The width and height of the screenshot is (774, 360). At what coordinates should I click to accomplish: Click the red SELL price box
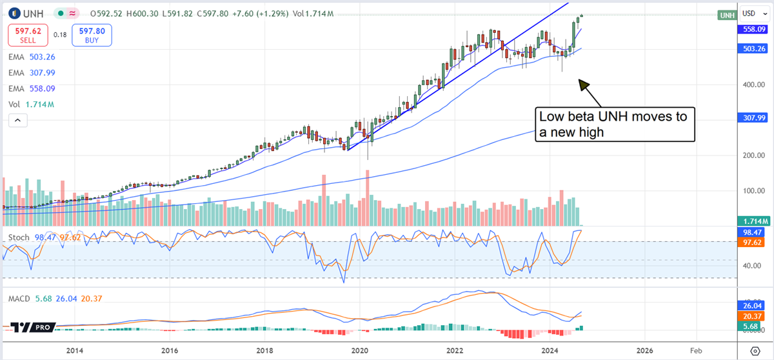pos(27,35)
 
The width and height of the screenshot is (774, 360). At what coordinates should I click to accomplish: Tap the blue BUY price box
pos(92,35)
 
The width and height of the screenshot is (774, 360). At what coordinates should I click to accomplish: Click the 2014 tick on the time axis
pos(75,350)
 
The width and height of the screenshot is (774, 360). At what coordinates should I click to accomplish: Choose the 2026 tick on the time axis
pos(645,350)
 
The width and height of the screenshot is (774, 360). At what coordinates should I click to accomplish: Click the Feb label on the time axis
pos(697,350)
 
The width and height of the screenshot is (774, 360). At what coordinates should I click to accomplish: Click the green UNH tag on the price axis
pos(727,15)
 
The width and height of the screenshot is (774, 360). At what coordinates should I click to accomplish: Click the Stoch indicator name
pos(17,237)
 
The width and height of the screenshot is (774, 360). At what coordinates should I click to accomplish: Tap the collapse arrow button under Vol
pos(17,120)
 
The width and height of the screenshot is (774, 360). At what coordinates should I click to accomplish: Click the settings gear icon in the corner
pos(755,350)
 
